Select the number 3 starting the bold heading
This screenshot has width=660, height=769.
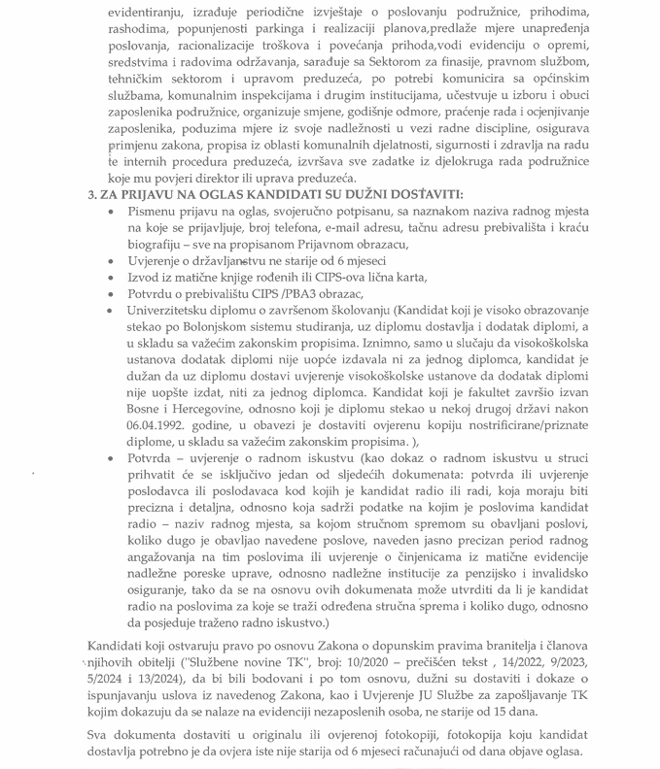pos(90,195)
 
